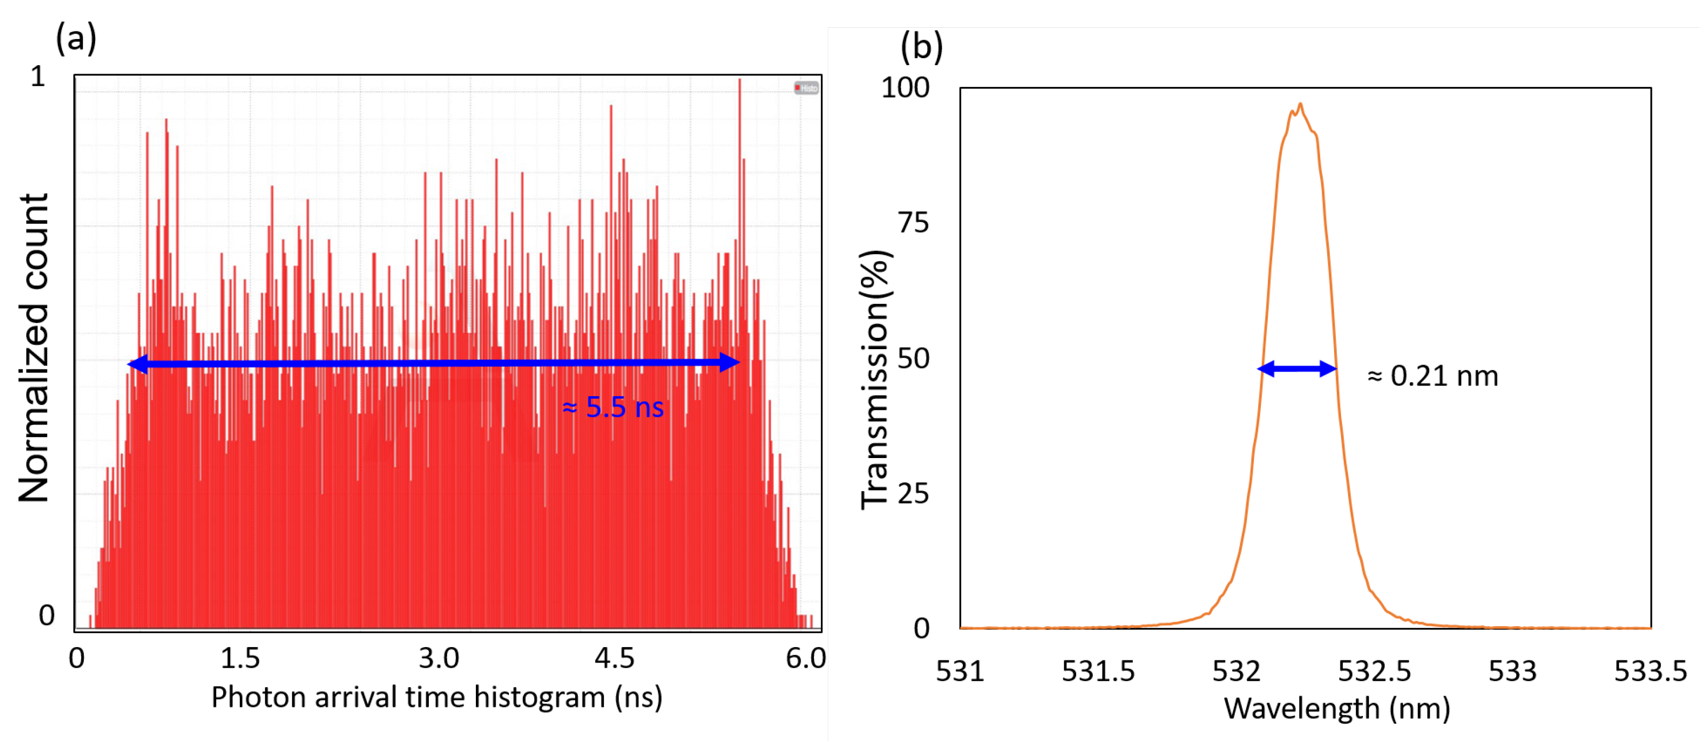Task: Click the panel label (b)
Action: coord(921,47)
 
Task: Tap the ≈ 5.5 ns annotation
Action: coord(613,407)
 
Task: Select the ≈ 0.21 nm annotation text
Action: coord(1432,376)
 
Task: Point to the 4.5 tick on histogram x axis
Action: coord(614,659)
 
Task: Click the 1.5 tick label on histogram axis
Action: coord(240,659)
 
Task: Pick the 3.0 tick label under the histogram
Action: coord(438,659)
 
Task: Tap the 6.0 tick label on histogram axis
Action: coord(805,659)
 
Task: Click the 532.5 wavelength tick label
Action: coord(1374,672)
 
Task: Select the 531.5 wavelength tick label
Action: coord(1098,672)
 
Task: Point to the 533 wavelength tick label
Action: coord(1512,672)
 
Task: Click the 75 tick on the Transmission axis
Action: coord(913,223)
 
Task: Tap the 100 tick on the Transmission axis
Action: coord(905,88)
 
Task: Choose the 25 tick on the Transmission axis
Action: coord(913,494)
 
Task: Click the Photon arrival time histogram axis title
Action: coord(436,697)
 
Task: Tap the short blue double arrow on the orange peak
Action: coord(1297,369)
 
